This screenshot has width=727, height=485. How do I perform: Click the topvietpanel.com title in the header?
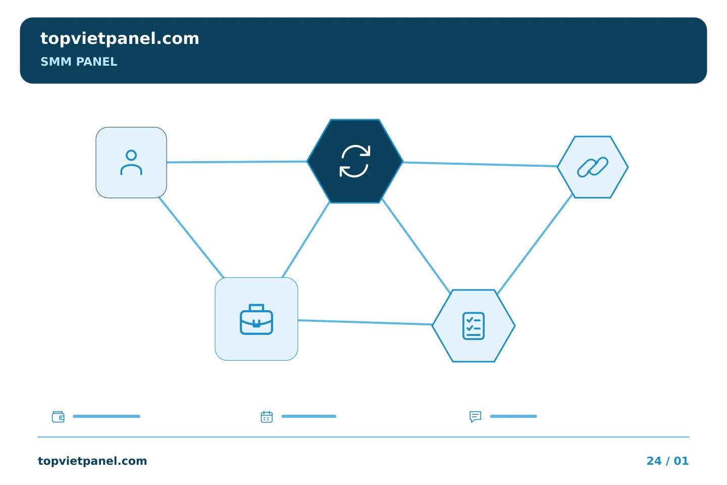tap(120, 39)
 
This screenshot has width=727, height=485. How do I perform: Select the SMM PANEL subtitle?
tap(79, 62)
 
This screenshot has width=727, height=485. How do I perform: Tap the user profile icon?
tap(131, 163)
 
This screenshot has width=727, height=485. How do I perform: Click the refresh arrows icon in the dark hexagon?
tap(355, 161)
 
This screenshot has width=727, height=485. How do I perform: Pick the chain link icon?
tap(593, 167)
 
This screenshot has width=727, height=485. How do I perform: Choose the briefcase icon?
tap(256, 319)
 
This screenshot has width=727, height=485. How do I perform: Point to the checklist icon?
tap(474, 326)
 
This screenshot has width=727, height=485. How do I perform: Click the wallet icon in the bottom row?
tap(58, 416)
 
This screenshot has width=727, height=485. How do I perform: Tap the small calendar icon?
tap(267, 416)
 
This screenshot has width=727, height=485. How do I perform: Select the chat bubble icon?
tap(476, 416)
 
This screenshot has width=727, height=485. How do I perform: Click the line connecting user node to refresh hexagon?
tap(237, 162)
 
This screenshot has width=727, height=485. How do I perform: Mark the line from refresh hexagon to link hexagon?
tap(480, 164)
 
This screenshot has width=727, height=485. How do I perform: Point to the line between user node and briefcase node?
tap(191, 237)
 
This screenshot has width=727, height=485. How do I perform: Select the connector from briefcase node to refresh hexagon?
tap(306, 240)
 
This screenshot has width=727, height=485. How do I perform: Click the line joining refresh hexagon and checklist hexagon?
tap(416, 246)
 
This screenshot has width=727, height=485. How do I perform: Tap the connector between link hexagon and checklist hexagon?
tap(535, 244)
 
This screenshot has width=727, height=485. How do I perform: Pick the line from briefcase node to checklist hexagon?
tap(365, 322)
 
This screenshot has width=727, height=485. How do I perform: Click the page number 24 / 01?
tap(667, 461)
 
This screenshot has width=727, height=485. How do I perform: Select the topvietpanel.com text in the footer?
tap(92, 461)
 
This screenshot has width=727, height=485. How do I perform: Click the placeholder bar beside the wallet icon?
tap(107, 416)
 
